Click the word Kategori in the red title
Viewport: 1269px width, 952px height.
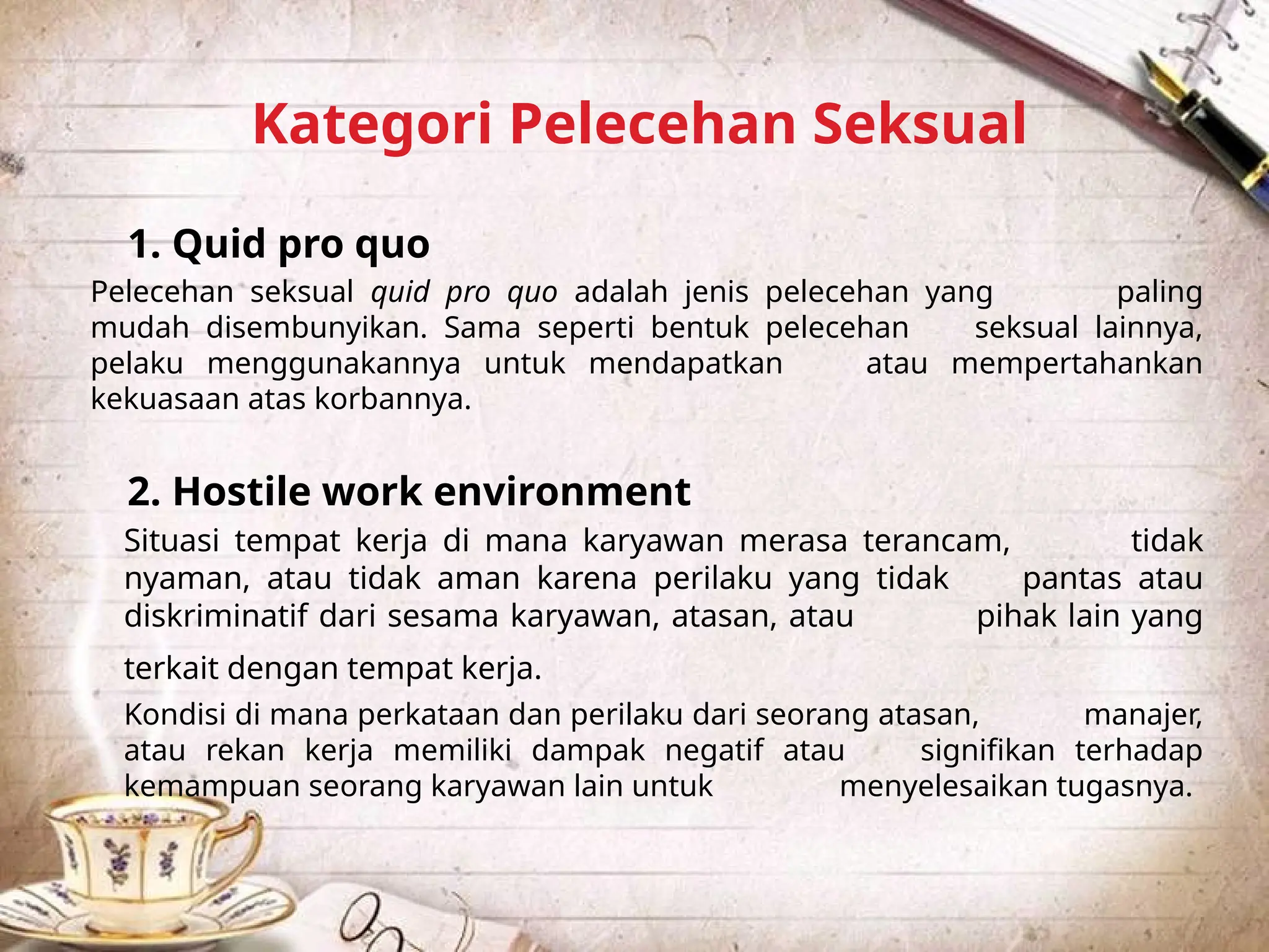(x=372, y=125)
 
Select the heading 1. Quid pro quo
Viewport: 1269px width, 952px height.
(x=279, y=244)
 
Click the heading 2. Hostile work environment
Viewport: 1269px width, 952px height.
(x=409, y=491)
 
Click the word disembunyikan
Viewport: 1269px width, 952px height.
(x=316, y=328)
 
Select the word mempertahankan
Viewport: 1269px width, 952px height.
(x=1077, y=364)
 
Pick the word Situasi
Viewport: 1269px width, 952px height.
(x=172, y=540)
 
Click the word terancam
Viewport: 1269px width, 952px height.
(x=936, y=540)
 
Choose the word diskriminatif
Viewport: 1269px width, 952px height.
(x=216, y=616)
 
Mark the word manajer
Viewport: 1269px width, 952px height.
(x=1143, y=715)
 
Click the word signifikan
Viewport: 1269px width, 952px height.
(x=988, y=751)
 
